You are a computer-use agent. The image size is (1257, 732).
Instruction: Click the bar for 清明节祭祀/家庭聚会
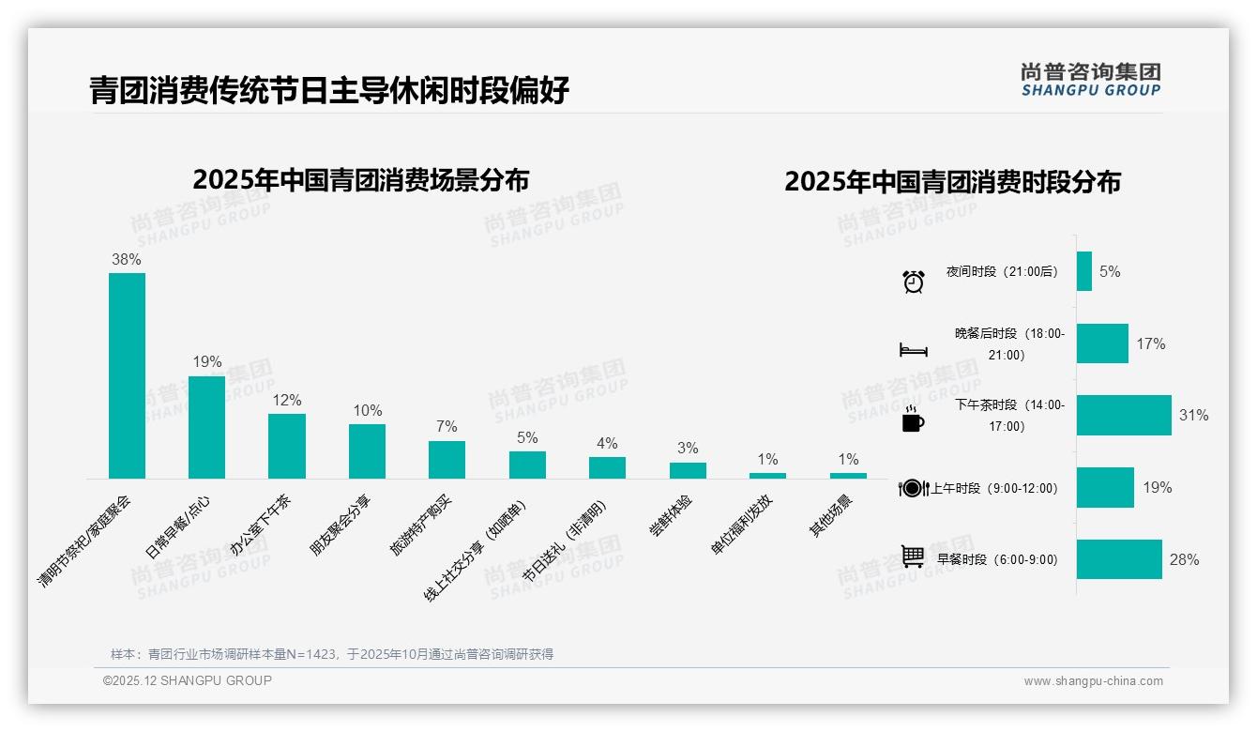point(127,375)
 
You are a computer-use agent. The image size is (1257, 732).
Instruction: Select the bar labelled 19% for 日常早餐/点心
point(206,427)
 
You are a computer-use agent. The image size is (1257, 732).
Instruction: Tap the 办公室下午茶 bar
point(287,446)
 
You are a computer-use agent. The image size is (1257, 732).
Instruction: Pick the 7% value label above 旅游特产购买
point(447,427)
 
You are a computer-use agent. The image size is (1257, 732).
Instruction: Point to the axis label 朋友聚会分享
point(340,525)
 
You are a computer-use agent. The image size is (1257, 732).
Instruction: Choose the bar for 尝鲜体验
point(688,470)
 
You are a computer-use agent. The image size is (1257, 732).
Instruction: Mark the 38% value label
point(126,260)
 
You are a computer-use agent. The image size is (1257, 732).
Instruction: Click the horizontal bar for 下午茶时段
point(1124,415)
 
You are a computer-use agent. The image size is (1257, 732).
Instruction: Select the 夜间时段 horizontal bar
point(1084,271)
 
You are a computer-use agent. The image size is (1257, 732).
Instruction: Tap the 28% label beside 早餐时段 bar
point(1184,559)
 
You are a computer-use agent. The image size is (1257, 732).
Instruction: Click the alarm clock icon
point(914,282)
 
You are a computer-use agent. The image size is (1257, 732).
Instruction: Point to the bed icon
point(914,350)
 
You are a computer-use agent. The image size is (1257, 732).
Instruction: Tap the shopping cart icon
point(913,557)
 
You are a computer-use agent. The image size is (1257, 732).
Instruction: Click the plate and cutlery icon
point(913,488)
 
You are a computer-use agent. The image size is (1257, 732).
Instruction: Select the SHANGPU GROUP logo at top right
point(1091,80)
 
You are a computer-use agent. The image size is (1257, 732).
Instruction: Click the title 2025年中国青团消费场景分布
point(361,180)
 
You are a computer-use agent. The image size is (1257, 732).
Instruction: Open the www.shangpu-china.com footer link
point(1093,681)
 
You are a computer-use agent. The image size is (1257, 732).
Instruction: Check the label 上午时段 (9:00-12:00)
point(993,488)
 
